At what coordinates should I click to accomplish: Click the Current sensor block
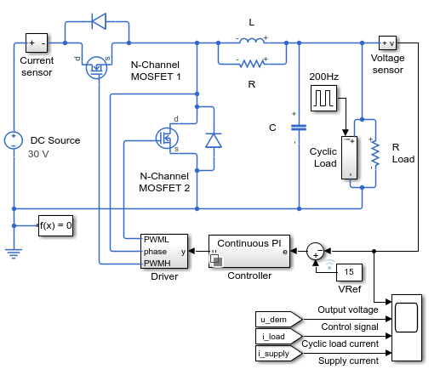tap(37, 43)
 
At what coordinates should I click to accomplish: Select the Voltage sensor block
tap(387, 43)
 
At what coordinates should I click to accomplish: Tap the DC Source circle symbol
tap(14, 140)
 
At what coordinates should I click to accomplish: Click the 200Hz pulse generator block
tap(324, 98)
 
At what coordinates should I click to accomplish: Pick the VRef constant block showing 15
tap(349, 272)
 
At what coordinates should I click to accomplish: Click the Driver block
tap(164, 251)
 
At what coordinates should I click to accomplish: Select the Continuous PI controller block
tap(249, 251)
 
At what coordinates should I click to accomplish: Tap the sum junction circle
tap(315, 252)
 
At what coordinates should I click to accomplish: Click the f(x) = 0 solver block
tap(55, 225)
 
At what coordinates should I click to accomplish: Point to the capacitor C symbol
tap(299, 128)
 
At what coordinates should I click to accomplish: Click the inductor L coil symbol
tap(252, 41)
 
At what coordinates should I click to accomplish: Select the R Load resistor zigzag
tap(375, 153)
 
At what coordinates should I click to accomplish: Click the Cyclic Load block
tap(349, 157)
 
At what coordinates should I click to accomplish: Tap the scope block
tap(407, 328)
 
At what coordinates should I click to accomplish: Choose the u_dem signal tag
tap(279, 320)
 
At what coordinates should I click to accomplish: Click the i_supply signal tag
tap(279, 354)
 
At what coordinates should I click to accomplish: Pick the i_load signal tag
tap(279, 337)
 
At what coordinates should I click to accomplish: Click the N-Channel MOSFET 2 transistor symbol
tap(167, 139)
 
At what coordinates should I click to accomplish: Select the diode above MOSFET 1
tap(99, 21)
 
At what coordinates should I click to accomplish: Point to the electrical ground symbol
tap(14, 253)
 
